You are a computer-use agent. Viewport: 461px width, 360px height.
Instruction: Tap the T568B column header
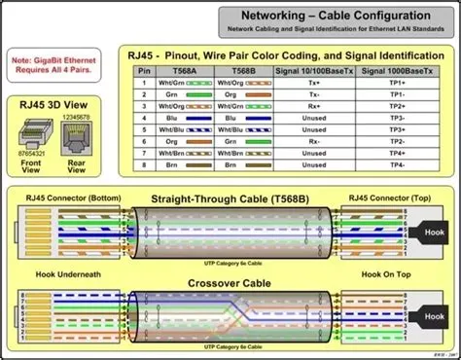(241, 72)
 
